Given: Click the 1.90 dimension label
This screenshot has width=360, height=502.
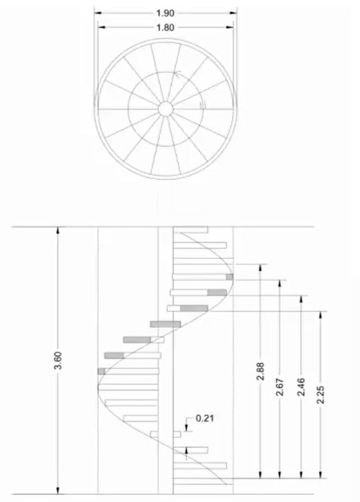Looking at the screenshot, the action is [165, 13].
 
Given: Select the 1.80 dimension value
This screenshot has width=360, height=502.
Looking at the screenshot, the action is [165, 28].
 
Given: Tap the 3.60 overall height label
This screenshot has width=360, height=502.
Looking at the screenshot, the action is [58, 361].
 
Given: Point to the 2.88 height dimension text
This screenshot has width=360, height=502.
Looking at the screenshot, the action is [260, 371].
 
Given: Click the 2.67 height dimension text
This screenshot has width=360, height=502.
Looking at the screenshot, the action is [280, 387].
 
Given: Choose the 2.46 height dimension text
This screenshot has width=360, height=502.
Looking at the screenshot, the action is [301, 387].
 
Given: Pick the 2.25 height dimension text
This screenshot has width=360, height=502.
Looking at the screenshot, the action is [321, 395].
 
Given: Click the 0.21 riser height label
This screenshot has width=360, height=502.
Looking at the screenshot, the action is [205, 418].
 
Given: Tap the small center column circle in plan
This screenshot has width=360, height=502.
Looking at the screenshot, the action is [166, 110].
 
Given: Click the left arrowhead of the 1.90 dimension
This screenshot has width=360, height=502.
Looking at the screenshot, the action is [97, 13].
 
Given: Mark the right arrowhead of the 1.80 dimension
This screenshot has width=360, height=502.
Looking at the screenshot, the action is [230, 28].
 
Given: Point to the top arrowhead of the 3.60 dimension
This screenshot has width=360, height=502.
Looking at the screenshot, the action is [58, 230].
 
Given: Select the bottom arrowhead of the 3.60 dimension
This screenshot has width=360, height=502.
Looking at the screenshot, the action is [58, 490].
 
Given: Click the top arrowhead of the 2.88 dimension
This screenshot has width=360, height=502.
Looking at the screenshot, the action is [260, 268].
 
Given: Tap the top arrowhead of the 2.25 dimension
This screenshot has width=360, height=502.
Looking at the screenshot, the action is [321, 315].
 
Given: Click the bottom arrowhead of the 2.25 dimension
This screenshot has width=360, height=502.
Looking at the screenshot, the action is [321, 474].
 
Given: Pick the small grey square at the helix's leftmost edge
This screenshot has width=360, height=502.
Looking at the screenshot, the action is [102, 371].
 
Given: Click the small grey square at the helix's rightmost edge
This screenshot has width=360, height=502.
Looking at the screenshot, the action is [230, 277].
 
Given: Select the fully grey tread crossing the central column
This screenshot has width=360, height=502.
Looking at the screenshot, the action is [165, 324].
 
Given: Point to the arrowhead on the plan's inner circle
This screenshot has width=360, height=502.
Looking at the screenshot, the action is [177, 74].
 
